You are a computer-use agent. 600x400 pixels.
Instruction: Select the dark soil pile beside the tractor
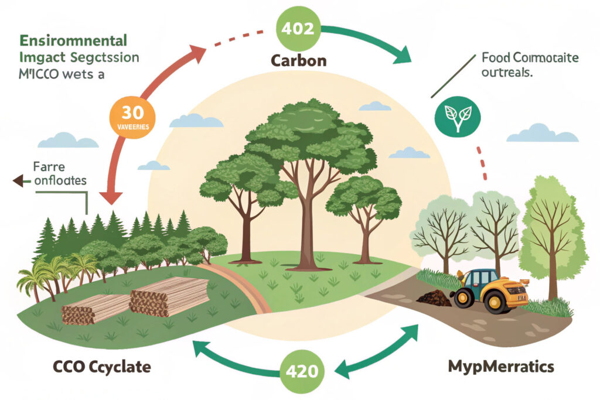tap(434, 298)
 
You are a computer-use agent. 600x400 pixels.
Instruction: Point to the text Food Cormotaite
tap(529, 58)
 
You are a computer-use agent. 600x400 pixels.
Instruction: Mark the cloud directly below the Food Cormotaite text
tap(541, 133)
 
